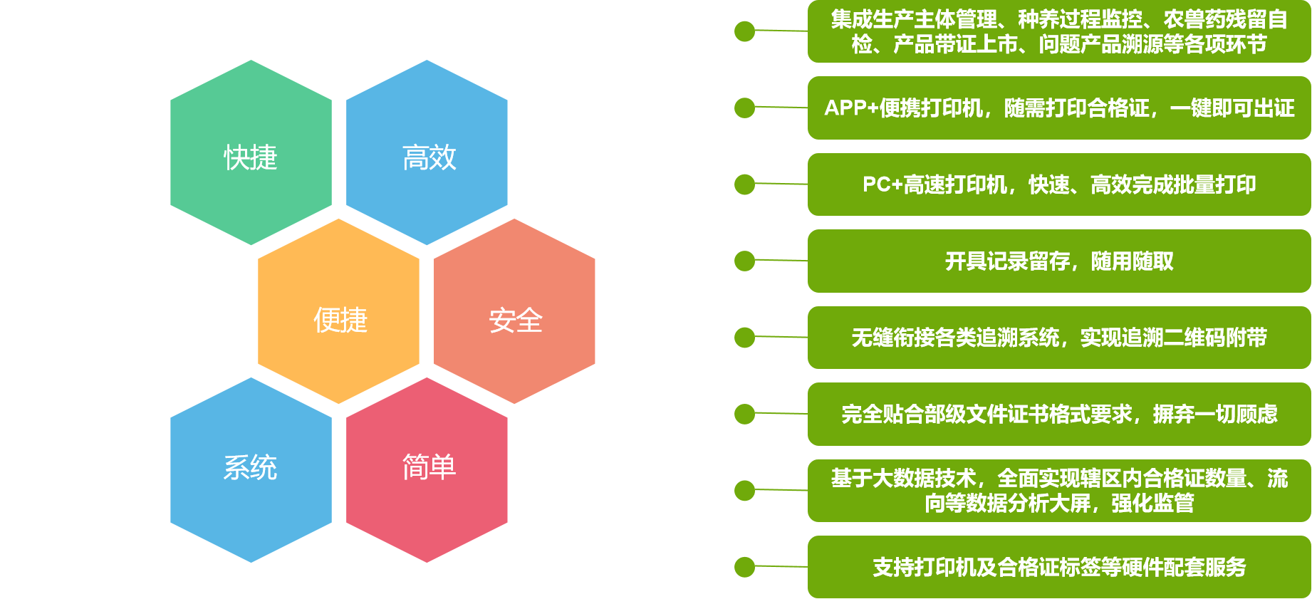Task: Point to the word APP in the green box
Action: click(845, 108)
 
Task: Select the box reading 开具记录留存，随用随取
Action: click(1059, 261)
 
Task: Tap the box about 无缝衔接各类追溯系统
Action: click(1059, 338)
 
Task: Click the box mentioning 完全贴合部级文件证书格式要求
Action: click(1059, 414)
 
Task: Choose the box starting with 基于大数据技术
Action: click(1059, 491)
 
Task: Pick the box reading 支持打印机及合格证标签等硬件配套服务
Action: click(1059, 567)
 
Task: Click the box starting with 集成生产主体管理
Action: click(1059, 31)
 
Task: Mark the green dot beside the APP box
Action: click(744, 108)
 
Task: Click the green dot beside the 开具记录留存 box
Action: click(744, 261)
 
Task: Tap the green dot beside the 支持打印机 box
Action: click(744, 567)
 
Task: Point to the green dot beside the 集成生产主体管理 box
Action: click(744, 31)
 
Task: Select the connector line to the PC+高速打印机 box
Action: click(781, 184)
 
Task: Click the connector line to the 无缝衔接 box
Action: click(781, 337)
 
